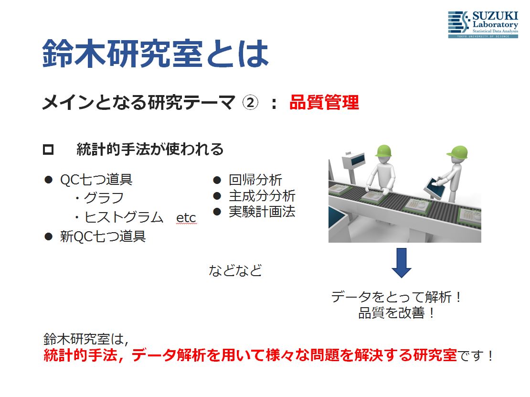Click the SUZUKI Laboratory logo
point(483,24)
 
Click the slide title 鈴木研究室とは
point(156,53)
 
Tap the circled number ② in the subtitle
point(250,102)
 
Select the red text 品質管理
point(324,102)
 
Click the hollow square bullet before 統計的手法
point(48,150)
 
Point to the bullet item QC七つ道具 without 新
point(96,180)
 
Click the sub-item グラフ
point(104,198)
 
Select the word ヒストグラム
point(124,217)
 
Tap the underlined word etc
point(186,218)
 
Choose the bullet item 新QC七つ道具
point(103,236)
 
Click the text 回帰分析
point(255,180)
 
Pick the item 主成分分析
point(262,196)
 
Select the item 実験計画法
point(262,212)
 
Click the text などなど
point(235,270)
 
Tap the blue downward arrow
point(402,263)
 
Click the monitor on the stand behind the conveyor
point(354,161)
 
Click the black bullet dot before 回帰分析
point(217,180)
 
